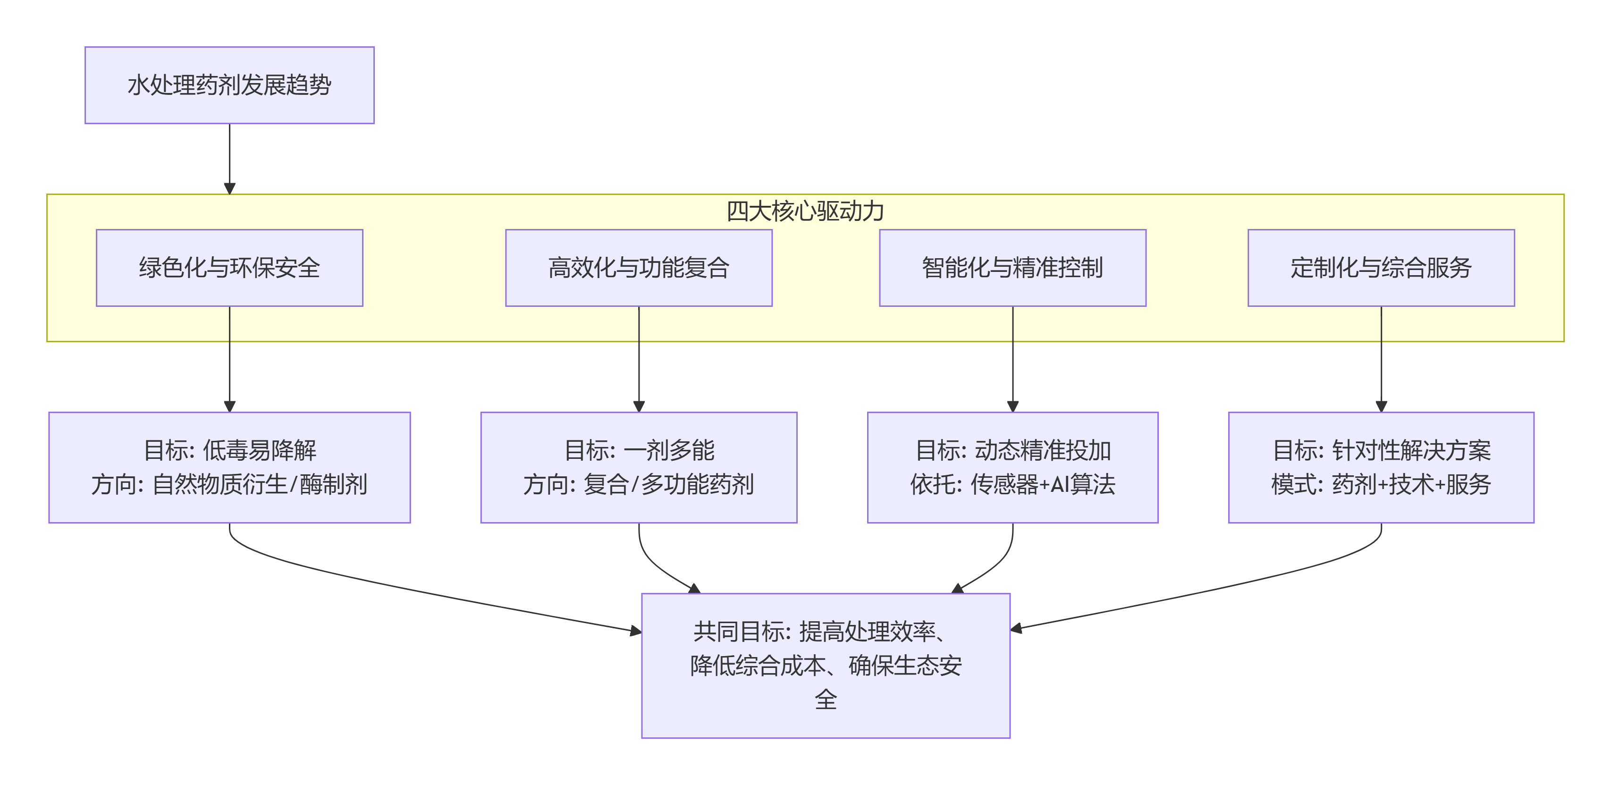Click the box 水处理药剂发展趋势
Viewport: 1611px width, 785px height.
coord(229,85)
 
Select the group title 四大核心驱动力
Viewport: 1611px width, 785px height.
coord(805,211)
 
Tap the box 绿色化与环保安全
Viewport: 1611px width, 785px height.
coord(229,268)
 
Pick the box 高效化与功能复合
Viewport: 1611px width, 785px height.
coord(639,268)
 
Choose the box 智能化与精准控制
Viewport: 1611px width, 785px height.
coord(1012,268)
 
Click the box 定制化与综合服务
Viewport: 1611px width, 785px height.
coord(1381,268)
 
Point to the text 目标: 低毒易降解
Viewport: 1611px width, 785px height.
coord(229,450)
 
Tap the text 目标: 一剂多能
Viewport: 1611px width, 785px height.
coord(639,450)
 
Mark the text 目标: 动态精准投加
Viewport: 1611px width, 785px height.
coord(1012,450)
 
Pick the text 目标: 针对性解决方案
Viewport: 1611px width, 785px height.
coord(1381,450)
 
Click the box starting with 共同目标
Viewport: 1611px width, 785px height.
coord(826,666)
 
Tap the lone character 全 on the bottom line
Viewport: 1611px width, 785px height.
coord(826,699)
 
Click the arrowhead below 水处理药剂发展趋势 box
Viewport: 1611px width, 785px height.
coord(229,188)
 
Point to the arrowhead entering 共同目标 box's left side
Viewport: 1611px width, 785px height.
coord(635,631)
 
